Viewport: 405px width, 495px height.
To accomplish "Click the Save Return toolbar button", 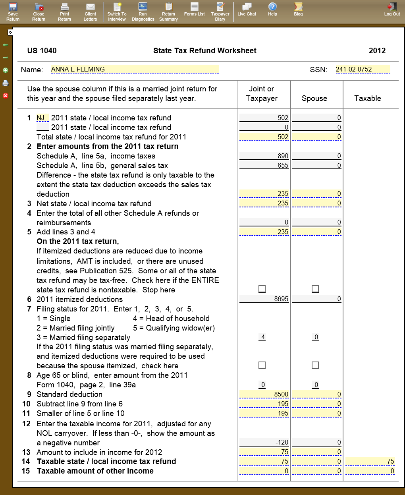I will [x=13, y=12].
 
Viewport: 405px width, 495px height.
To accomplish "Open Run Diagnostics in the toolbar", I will [x=143, y=12].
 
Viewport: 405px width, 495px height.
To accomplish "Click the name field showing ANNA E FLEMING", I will [x=135, y=70].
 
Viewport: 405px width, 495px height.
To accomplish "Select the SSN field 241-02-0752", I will [x=363, y=70].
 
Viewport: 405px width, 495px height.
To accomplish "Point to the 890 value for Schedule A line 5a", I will [x=264, y=156].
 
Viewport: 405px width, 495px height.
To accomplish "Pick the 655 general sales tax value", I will [x=264, y=165].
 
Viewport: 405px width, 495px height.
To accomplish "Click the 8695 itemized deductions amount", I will [x=264, y=299].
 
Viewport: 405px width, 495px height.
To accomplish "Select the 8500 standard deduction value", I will [x=264, y=394].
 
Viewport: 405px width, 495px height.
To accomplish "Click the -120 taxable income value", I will [x=264, y=442].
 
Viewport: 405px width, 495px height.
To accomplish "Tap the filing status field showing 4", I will [x=262, y=337].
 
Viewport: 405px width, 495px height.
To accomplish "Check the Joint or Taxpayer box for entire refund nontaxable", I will [x=262, y=289].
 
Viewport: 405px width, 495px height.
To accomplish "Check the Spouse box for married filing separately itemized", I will [x=315, y=365].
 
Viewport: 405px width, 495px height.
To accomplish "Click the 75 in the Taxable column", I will [x=370, y=461].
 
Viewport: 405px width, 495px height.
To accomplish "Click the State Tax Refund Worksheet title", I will [x=205, y=51].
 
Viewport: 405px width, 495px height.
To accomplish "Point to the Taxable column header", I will [x=368, y=99].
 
